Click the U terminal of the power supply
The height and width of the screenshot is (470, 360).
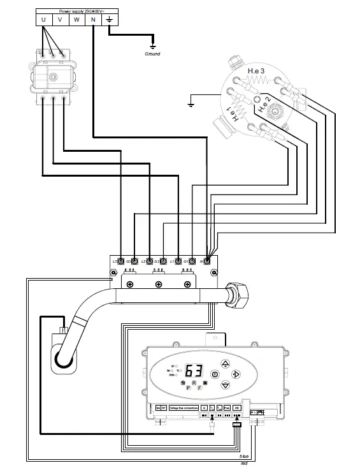click(43, 20)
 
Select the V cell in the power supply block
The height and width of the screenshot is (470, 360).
click(60, 20)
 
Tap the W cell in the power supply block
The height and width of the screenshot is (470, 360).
click(76, 20)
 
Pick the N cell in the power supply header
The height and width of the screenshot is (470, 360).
click(93, 20)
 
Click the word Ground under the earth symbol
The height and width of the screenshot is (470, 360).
click(152, 54)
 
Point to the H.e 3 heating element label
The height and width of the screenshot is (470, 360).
click(257, 70)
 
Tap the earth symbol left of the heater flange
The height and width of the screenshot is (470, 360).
click(191, 102)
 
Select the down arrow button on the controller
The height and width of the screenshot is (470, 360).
click(225, 386)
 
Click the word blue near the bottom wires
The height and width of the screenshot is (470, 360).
click(244, 457)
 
